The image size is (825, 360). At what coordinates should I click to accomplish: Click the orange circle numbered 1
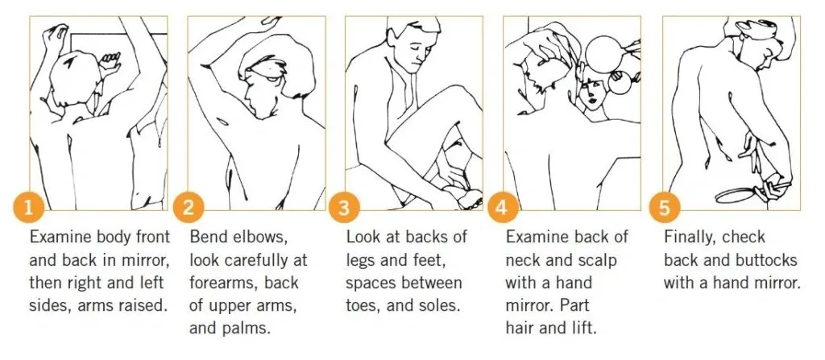[x=28, y=208]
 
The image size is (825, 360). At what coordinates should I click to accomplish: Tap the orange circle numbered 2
[x=188, y=208]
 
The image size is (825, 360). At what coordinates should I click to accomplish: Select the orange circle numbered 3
[x=343, y=208]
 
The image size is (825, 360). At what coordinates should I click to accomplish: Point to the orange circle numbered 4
[x=503, y=208]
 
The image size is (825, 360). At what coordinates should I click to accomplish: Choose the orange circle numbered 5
[x=664, y=208]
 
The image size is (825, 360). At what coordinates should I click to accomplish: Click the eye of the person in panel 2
[x=272, y=79]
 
